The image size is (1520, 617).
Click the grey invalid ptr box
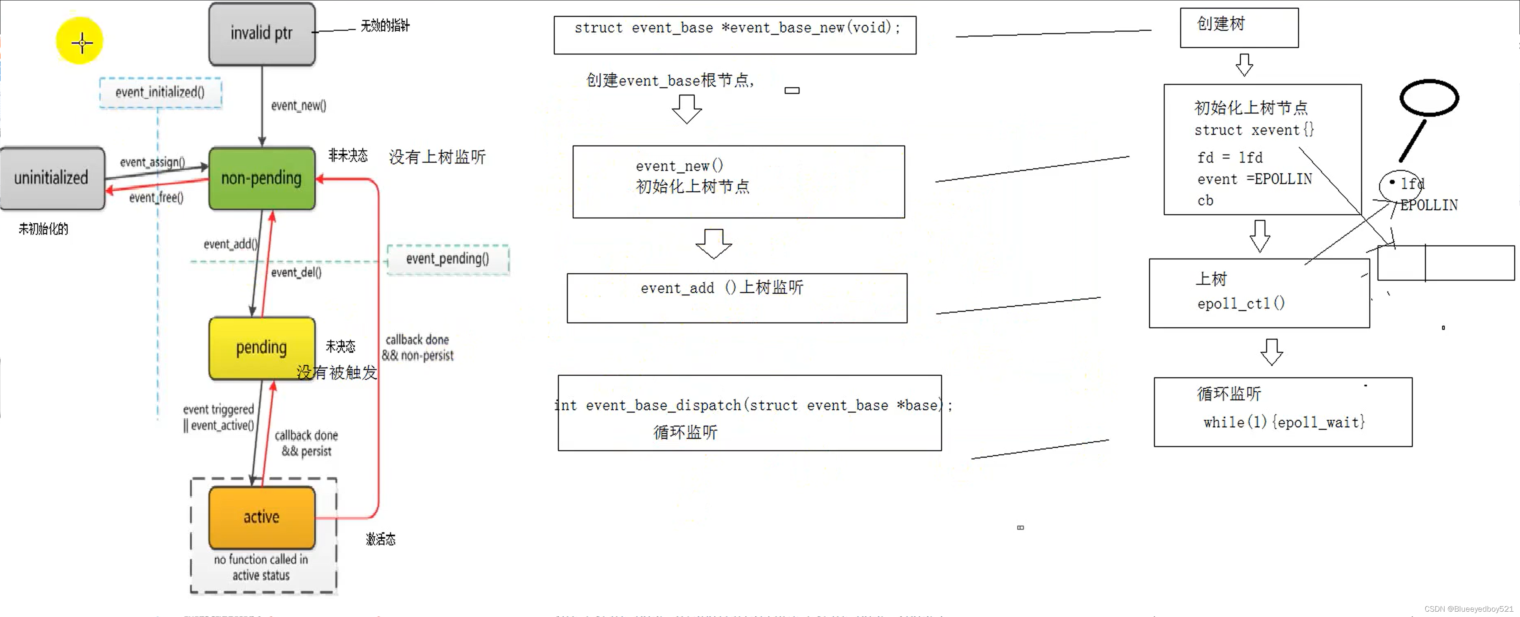click(262, 34)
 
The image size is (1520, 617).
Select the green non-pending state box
click(262, 178)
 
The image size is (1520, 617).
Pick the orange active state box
click(262, 517)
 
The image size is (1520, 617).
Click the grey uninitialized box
click(52, 178)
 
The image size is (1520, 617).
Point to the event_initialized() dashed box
click(160, 92)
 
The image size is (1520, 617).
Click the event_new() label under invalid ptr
click(298, 106)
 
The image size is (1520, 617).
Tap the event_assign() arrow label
click(152, 162)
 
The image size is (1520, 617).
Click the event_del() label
click(296, 272)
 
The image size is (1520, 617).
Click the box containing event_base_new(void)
click(735, 35)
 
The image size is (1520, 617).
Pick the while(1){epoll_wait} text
click(1283, 422)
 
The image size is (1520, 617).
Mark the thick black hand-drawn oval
click(1429, 98)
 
